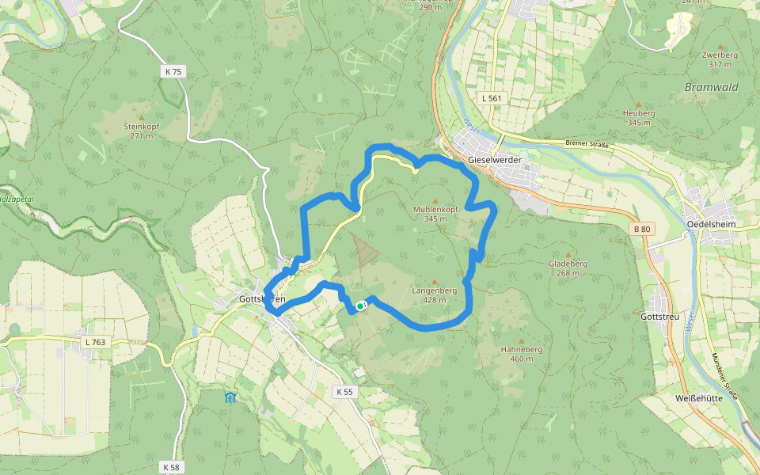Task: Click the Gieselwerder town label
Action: click(495, 159)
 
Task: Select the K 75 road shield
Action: click(173, 71)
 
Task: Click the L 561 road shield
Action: click(492, 97)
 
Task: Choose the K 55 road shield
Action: click(344, 391)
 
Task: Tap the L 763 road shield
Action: click(93, 342)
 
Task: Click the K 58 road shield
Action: click(170, 467)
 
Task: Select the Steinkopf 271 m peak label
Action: click(142, 131)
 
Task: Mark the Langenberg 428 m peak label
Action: click(435, 294)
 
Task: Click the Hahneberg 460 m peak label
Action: click(521, 353)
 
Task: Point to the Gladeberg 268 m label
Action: click(568, 268)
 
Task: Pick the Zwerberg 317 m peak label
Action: click(720, 59)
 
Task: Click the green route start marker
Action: click(360, 306)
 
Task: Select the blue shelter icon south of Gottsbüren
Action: click(230, 397)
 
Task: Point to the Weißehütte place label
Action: click(700, 397)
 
